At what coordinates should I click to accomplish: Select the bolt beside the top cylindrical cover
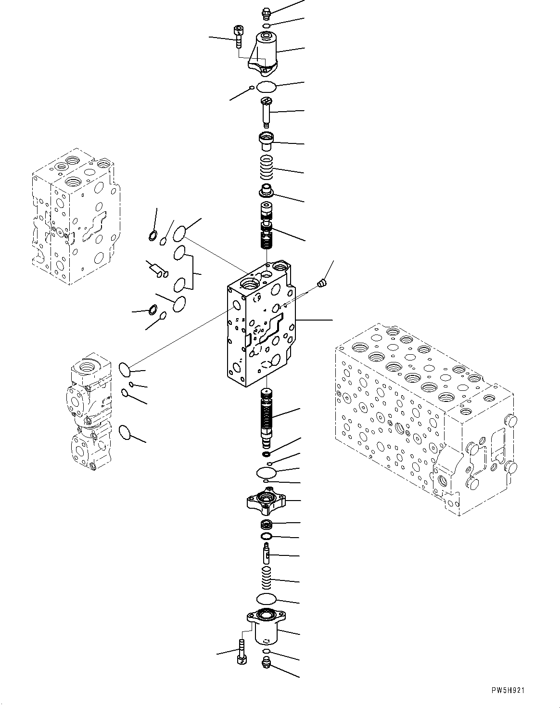click(238, 36)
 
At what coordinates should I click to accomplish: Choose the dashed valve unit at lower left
click(89, 414)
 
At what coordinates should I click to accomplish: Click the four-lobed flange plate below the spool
click(266, 501)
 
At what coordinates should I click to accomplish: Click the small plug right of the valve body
click(322, 285)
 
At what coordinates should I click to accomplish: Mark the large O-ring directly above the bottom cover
click(266, 599)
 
